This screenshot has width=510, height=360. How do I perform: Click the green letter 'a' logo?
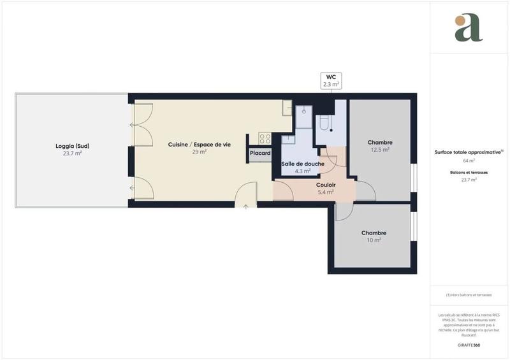(469, 29)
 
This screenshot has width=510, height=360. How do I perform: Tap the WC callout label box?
(331, 80)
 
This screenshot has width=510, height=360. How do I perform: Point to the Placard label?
(260, 153)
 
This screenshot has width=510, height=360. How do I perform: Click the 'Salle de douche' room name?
(303, 164)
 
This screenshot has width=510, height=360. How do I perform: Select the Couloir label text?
(326, 185)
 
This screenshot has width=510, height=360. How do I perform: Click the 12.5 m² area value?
(380, 150)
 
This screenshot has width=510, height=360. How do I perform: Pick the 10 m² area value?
(374, 240)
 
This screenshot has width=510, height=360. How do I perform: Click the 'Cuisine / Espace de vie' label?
(199, 145)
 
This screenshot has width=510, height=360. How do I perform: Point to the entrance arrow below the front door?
(245, 205)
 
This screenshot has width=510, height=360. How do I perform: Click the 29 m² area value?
(199, 152)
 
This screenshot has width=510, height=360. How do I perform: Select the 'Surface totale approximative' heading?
(469, 152)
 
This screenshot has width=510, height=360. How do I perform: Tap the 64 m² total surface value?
(469, 160)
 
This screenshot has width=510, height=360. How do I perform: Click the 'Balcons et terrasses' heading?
(469, 173)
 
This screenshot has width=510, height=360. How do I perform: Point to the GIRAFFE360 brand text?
(469, 345)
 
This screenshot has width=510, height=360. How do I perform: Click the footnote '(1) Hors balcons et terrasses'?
(469, 295)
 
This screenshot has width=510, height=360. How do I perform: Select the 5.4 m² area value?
(326, 192)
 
